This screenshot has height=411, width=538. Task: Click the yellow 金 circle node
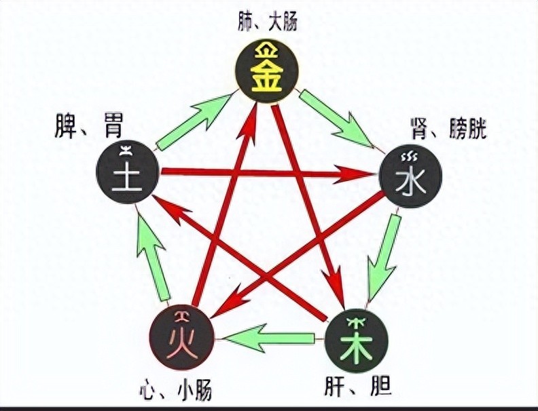pos(267,70)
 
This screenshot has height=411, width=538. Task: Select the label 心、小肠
pos(181,391)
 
